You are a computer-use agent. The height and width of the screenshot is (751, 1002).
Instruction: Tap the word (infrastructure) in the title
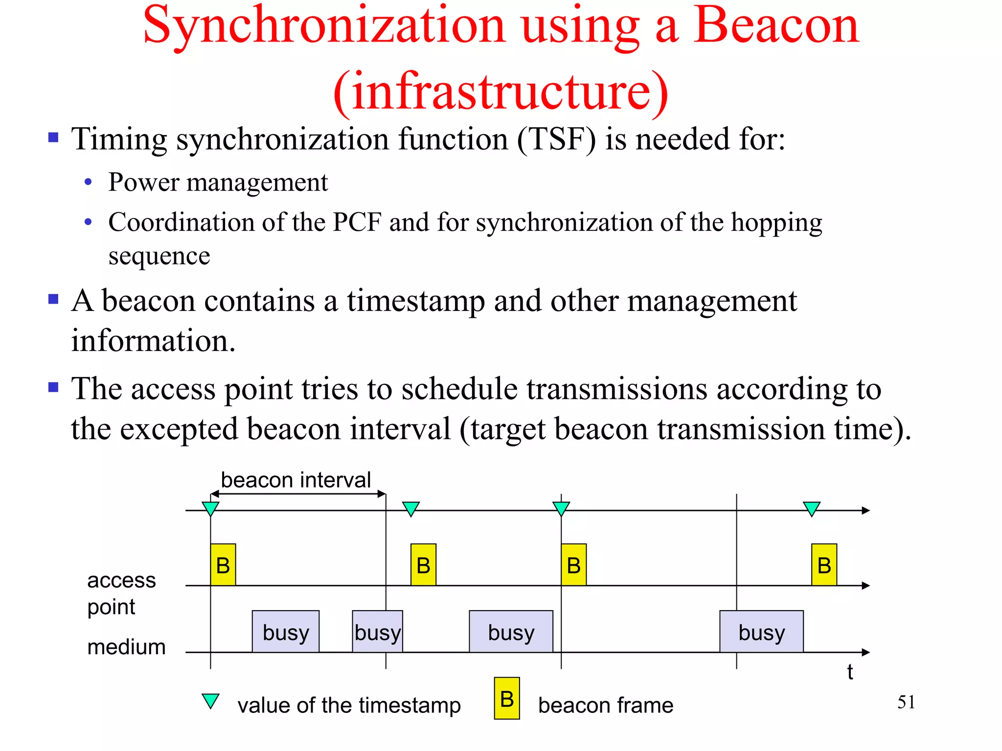501,92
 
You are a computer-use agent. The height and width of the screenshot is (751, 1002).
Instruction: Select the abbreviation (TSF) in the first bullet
557,140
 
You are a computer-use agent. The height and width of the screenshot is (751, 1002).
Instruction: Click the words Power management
218,183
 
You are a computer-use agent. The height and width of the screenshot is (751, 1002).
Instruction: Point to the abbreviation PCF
357,222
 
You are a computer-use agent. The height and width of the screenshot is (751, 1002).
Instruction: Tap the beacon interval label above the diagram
296,480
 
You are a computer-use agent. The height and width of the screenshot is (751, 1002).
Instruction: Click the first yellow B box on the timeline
223,565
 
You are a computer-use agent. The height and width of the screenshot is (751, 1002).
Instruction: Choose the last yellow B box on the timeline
824,565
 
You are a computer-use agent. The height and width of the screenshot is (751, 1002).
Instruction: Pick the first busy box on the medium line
286,632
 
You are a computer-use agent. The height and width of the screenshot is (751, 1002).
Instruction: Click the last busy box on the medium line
761,632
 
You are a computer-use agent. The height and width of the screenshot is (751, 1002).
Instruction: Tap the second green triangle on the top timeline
410,508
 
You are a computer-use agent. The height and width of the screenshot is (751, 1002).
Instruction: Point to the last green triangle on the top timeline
811,508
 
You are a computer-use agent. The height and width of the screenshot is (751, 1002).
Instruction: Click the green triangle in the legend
210,701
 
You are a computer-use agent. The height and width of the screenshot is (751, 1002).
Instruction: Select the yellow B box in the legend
507,698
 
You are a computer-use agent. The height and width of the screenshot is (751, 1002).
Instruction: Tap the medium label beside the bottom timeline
126,647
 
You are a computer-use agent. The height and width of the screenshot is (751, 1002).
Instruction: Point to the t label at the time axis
850,672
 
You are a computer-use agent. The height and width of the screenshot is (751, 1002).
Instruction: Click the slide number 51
906,703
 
